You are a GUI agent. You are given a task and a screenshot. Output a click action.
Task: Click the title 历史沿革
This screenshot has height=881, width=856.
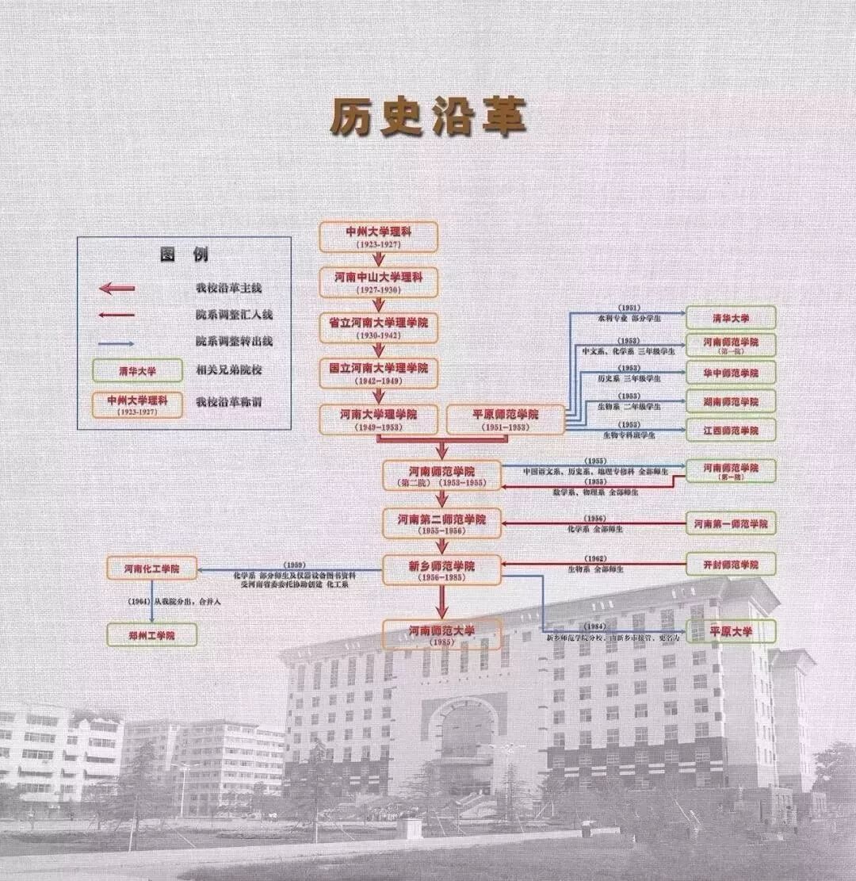coord(428,118)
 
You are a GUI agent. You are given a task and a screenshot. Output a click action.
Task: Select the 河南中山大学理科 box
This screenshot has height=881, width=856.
coord(379,282)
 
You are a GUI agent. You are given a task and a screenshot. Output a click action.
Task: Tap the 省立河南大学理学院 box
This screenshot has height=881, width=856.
coord(379,328)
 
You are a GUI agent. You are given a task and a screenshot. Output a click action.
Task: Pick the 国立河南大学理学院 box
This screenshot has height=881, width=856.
coord(379,373)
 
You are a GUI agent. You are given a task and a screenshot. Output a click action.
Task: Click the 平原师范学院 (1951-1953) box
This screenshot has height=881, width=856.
coord(506,419)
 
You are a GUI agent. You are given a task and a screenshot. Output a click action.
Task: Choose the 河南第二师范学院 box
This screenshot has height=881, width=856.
coord(442,523)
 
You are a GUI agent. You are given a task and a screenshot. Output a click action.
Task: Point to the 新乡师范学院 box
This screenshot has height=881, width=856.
coord(442,569)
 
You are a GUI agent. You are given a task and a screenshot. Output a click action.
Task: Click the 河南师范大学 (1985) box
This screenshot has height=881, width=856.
coord(442,634)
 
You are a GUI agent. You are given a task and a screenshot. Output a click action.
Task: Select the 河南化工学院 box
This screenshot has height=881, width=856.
coord(151,568)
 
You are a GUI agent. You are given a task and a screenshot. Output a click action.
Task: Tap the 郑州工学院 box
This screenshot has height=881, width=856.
coord(151,634)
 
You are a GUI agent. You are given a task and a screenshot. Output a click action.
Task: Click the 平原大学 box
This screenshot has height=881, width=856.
coord(731,631)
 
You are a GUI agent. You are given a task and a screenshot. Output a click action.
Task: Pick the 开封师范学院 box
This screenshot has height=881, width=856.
coord(731,565)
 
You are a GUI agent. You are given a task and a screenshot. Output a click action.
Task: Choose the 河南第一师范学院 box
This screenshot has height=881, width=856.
coord(731,524)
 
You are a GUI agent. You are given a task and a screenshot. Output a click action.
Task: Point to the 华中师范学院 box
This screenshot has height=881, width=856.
coord(731,372)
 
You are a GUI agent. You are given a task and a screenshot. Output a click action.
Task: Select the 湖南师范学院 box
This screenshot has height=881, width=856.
coord(731,401)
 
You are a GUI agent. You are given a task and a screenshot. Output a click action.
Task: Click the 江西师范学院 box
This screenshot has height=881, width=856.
coord(731,430)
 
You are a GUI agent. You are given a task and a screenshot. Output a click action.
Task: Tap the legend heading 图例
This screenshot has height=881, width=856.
coord(184,255)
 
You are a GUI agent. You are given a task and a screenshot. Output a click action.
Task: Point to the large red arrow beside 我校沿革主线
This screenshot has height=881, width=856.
coord(117,289)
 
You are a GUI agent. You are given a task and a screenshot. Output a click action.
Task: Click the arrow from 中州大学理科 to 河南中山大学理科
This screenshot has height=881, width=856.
coord(379,259)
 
